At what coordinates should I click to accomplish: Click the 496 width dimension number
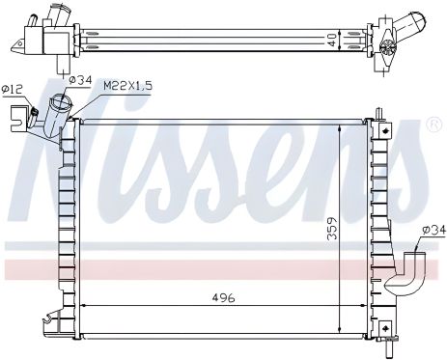point(223,298)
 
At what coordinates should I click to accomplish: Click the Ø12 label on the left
point(13,90)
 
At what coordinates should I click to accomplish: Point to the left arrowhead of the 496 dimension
point(82,308)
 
